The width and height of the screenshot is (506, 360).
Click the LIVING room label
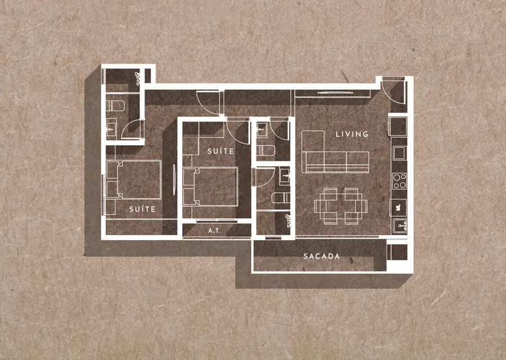pyautogui.click(x=352, y=134)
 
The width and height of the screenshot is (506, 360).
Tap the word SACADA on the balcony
pyautogui.click(x=322, y=256)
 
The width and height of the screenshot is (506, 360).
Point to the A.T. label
pyautogui.click(x=215, y=231)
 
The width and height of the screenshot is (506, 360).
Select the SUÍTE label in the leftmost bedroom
pyautogui.click(x=142, y=209)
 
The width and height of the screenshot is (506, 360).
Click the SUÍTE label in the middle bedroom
pyautogui.click(x=221, y=151)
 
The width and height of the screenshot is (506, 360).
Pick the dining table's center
pyautogui.click(x=341, y=206)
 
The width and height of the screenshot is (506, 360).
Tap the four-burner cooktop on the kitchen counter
pyautogui.click(x=400, y=181)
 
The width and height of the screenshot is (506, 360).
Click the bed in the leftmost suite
pyautogui.click(x=134, y=179)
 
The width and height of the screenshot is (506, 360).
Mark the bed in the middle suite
pyautogui.click(x=210, y=186)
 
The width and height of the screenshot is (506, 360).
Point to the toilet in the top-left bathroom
pyautogui.click(x=115, y=106)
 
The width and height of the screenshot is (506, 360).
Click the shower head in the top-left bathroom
pyautogui.click(x=138, y=78)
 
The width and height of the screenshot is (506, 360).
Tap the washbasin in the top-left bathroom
pyautogui.click(x=111, y=128)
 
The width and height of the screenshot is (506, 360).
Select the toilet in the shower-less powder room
pyautogui.click(x=266, y=150)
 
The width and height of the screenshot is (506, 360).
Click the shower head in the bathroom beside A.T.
pyautogui.click(x=288, y=220)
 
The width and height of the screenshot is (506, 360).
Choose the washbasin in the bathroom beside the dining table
pyautogui.click(x=284, y=176)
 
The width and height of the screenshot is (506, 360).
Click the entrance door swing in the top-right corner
pyautogui.click(x=393, y=92)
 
